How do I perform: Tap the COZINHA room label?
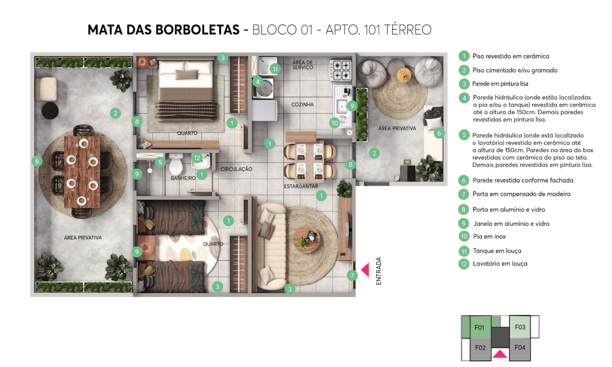[303, 105]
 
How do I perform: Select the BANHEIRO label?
[183, 178]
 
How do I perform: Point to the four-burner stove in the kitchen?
[341, 70]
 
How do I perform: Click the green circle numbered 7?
[352, 275]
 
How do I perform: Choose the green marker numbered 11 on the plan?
[275, 69]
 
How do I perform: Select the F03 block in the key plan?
[520, 327]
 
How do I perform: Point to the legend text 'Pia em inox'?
[489, 237]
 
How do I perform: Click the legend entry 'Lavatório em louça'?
[500, 264]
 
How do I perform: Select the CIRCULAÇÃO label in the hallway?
[236, 169]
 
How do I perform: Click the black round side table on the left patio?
[50, 111]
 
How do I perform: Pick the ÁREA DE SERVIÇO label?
[303, 65]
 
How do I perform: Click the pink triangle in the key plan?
[500, 353]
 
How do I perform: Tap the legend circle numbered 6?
[464, 180]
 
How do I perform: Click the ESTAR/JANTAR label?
[301, 186]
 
